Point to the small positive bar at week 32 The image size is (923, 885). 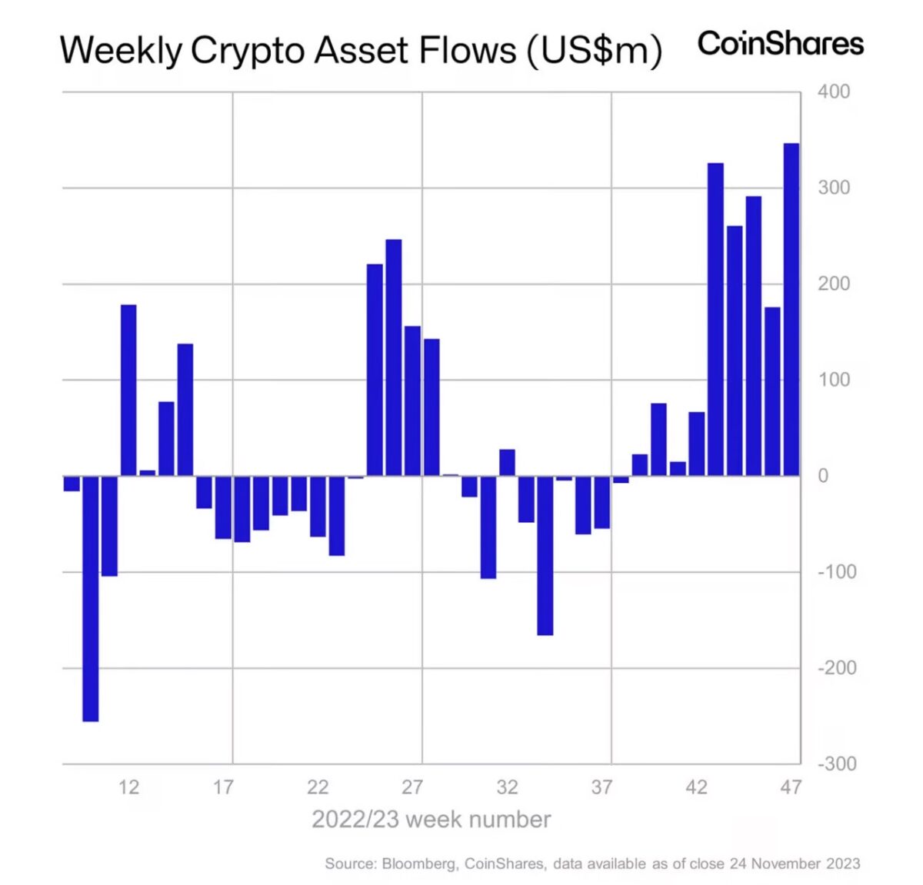point(507,462)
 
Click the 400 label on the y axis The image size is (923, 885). point(834,91)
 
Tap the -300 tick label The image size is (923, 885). point(836,764)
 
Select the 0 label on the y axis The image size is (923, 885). point(823,476)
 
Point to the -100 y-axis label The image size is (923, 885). point(836,572)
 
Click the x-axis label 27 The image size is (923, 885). point(412,787)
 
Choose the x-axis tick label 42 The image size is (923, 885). point(696,787)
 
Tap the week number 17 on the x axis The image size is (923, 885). point(223,787)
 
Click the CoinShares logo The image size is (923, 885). point(780,43)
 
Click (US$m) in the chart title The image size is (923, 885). point(594,51)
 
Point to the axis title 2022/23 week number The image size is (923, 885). point(431,820)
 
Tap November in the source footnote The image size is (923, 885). point(785,863)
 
